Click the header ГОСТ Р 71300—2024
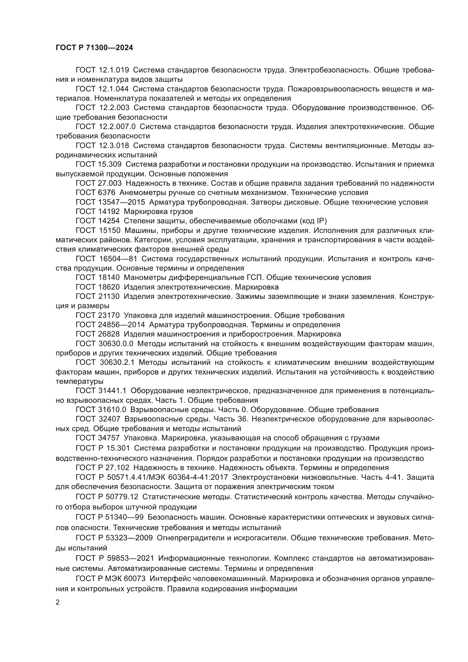(94, 48)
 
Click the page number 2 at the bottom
(58, 602)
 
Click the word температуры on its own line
(79, 382)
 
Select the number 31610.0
(112, 410)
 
